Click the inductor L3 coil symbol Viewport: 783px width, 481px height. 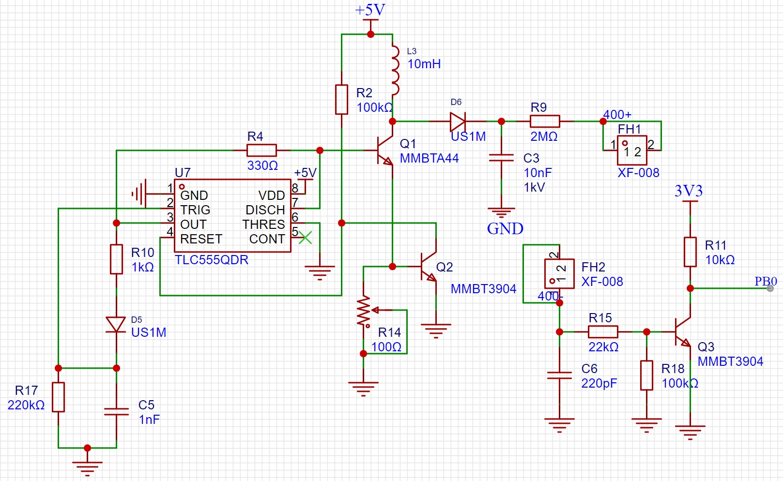[395, 70]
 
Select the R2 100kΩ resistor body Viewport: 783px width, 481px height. [341, 100]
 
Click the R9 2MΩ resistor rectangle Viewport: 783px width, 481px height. [545, 121]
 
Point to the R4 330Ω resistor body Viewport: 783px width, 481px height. [262, 150]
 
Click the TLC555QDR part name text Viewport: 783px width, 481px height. [212, 260]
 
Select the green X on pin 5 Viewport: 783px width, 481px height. [305, 238]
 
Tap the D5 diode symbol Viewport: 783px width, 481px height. [116, 325]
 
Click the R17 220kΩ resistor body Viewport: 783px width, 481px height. [59, 397]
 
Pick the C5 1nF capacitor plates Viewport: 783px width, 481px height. [116, 411]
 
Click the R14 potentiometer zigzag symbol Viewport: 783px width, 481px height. [364, 311]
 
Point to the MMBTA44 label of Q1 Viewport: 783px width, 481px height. [429, 158]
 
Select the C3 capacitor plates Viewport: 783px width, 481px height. [501, 158]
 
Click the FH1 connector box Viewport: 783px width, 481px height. [632, 150]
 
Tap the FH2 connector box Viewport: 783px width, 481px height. [559, 273]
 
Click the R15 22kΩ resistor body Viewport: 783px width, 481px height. [603, 332]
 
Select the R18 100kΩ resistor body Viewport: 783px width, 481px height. [646, 376]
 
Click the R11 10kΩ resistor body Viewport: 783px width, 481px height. [690, 252]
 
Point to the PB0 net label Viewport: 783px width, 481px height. [766, 281]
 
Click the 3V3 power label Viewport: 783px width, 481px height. [688, 191]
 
